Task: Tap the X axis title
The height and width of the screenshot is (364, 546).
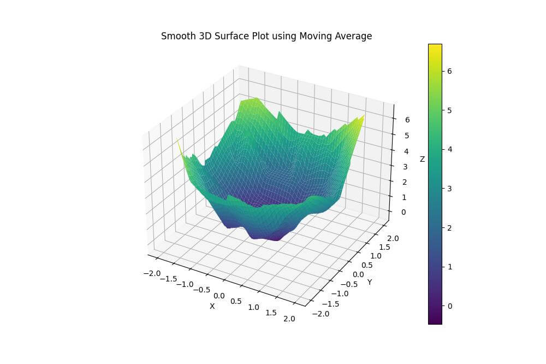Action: (212, 306)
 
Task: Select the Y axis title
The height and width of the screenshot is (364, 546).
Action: (370, 282)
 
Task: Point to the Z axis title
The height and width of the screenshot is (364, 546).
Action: (422, 159)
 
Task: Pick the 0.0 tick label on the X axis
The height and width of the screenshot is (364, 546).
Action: (219, 296)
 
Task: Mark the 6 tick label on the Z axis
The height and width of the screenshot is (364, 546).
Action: (407, 120)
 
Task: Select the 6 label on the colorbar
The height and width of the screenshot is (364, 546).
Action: (450, 71)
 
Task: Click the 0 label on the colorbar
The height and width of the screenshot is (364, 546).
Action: (450, 306)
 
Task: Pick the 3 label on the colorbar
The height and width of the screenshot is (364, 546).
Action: (450, 188)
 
